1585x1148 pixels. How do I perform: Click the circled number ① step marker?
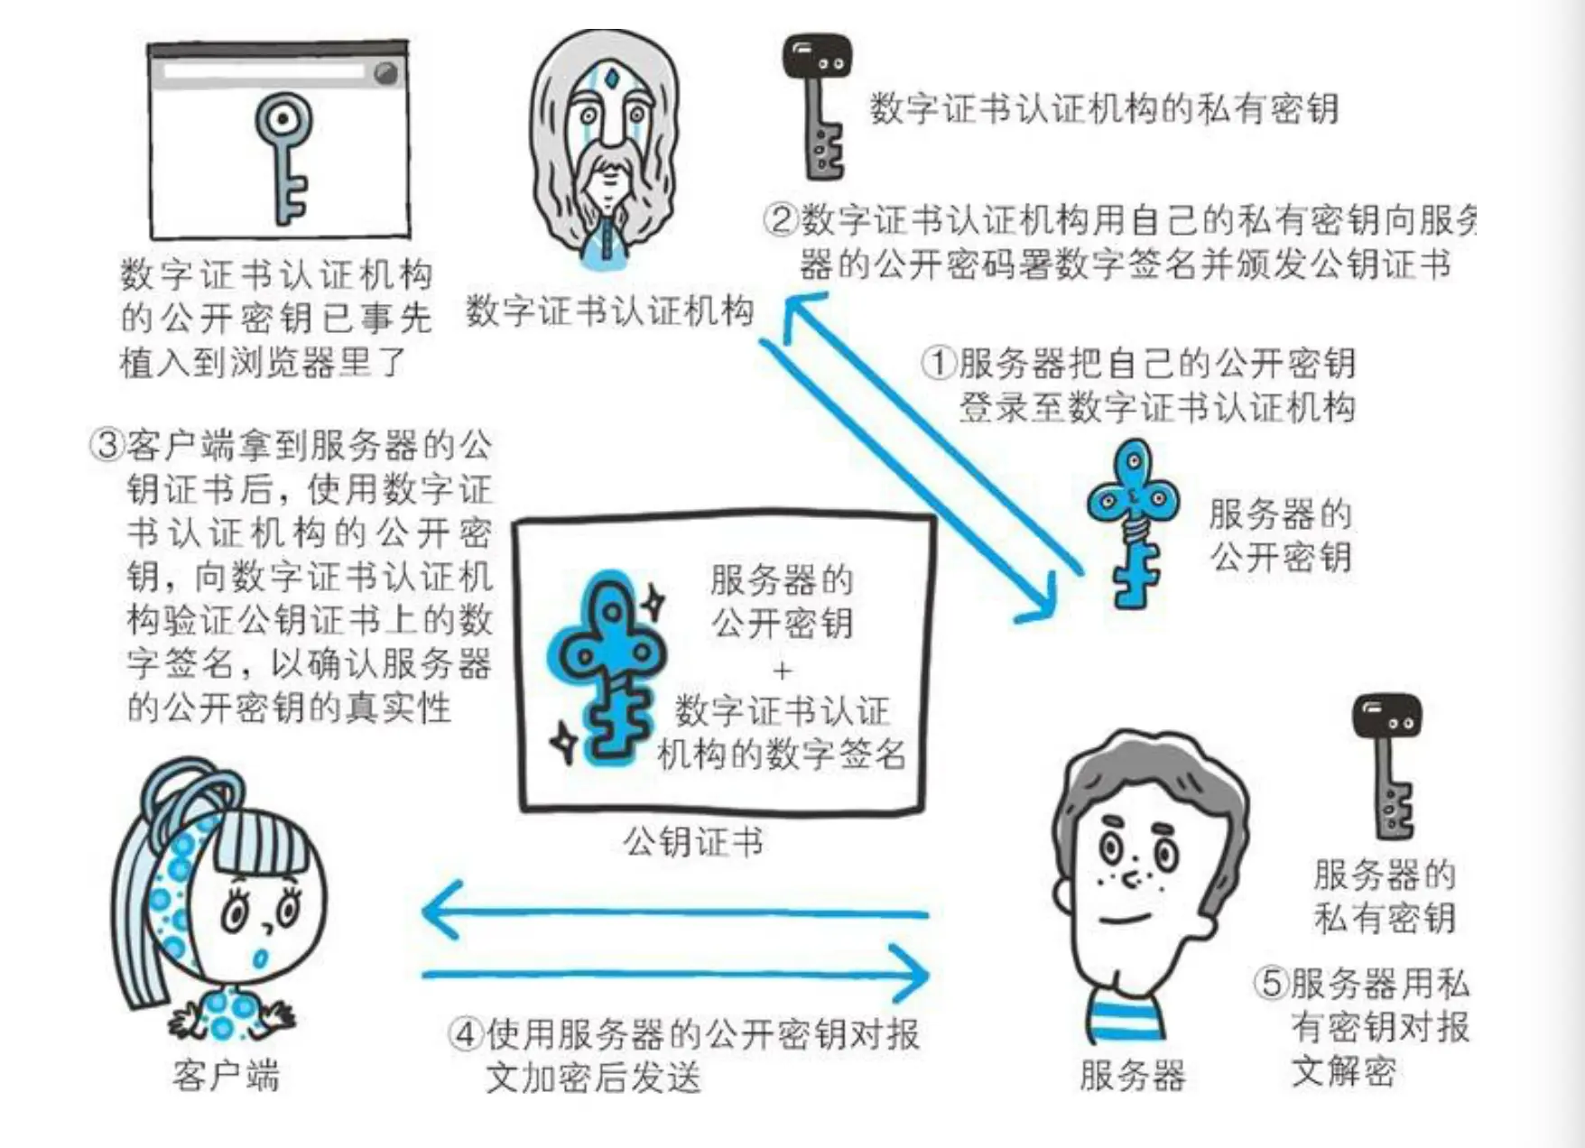[x=940, y=363]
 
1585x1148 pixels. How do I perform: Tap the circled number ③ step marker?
[x=107, y=445]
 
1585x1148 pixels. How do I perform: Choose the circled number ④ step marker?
[x=466, y=1033]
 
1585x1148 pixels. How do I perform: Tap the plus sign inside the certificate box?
[x=782, y=671]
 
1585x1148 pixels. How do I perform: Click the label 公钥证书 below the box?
[x=693, y=841]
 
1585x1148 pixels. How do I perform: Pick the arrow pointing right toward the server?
[x=677, y=974]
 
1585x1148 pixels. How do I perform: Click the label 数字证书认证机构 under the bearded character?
[x=610, y=311]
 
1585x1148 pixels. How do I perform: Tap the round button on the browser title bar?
[x=385, y=73]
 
